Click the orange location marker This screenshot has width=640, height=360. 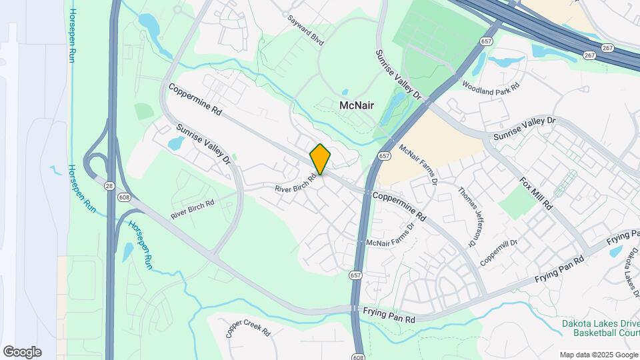click(320, 159)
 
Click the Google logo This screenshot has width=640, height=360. click(22, 352)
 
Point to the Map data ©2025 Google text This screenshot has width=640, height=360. click(598, 355)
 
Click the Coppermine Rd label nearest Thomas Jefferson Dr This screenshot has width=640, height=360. click(399, 205)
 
